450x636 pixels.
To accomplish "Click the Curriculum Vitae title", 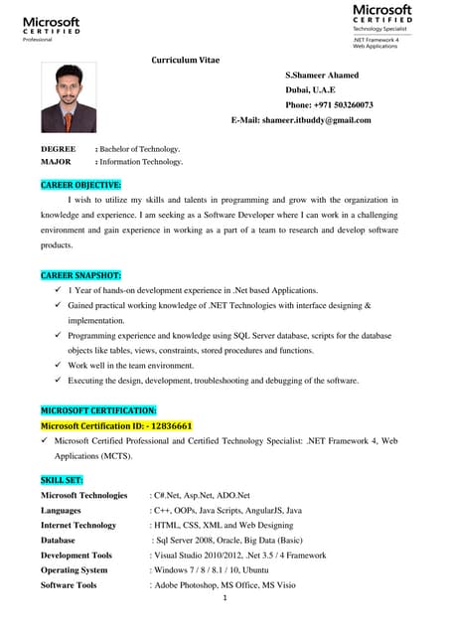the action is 185,61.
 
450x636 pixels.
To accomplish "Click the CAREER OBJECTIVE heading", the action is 80,185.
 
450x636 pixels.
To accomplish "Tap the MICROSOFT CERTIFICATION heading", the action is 97,409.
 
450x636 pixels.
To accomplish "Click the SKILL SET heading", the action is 62,479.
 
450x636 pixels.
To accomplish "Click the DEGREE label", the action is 58,148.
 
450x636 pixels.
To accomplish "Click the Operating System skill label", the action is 75,570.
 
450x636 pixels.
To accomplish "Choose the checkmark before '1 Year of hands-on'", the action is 58,290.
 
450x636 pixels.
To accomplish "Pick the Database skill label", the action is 58,540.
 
